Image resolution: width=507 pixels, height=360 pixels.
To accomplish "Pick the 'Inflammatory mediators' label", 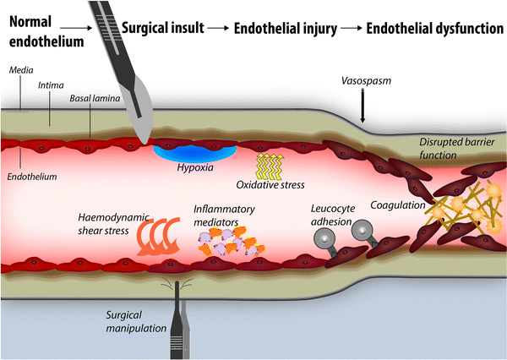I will click(x=221, y=215).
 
